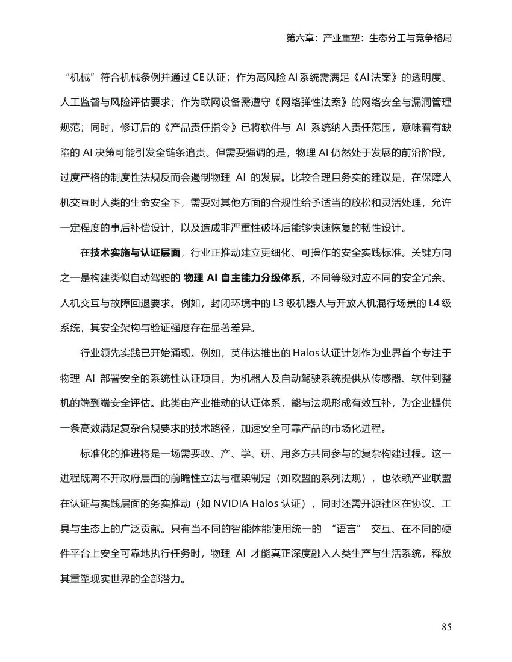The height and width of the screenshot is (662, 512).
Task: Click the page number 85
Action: [446, 627]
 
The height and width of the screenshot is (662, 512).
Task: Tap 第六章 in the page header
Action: [299, 37]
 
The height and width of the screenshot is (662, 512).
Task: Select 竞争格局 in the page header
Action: [432, 37]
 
